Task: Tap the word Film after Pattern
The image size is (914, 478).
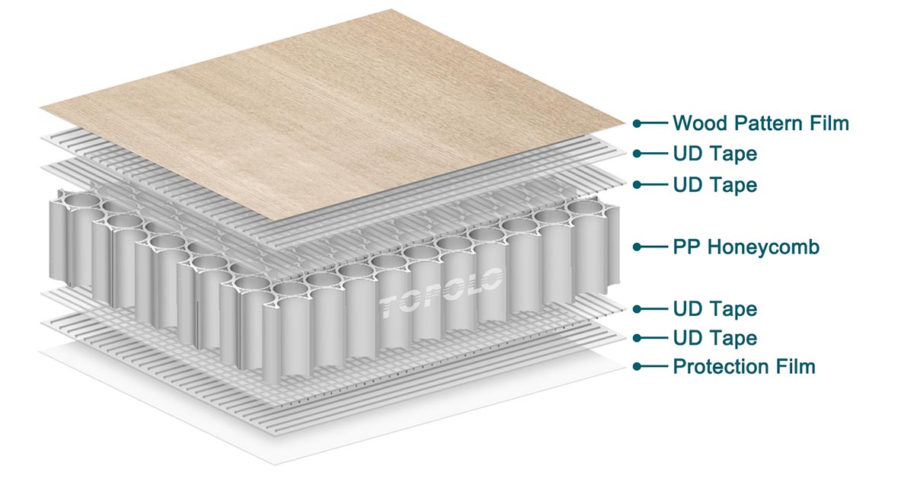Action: (829, 123)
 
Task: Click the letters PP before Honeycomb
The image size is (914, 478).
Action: (687, 247)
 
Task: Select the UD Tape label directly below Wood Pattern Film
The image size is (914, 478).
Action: (715, 154)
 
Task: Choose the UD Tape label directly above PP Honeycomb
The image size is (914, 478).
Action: (715, 185)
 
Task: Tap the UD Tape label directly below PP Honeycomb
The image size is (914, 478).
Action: (715, 309)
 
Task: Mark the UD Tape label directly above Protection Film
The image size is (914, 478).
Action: (715, 338)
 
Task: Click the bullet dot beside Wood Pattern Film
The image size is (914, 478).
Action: (637, 123)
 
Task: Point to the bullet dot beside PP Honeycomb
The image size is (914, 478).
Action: (637, 247)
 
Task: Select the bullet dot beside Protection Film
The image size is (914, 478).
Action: (637, 366)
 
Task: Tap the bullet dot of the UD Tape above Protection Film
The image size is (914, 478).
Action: (637, 338)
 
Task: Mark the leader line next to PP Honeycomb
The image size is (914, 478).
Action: (653, 247)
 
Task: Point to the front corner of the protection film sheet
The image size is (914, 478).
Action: (274, 464)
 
